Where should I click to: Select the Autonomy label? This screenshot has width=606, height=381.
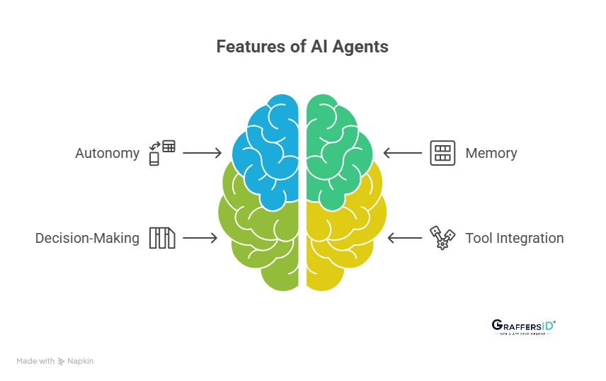(107, 153)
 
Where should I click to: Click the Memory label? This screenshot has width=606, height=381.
(491, 153)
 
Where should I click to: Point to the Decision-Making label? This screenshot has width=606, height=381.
(87, 238)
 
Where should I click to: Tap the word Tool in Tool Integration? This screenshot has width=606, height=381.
(479, 238)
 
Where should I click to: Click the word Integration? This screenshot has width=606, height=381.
(530, 238)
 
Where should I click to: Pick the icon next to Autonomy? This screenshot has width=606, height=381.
(161, 152)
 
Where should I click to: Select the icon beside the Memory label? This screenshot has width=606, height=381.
(442, 153)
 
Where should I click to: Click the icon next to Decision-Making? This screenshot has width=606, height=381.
(161, 238)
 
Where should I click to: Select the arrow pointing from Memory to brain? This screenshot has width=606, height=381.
(402, 153)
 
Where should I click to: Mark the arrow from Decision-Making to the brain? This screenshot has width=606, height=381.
(200, 238)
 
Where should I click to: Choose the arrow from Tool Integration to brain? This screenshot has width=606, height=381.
(404, 238)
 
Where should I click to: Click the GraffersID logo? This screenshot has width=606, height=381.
(523, 326)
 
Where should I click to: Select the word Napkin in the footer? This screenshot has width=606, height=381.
(80, 361)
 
